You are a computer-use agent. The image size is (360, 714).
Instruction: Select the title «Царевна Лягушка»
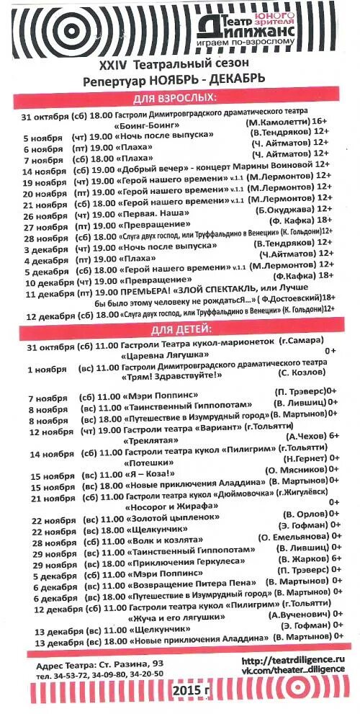coord(158,356)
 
